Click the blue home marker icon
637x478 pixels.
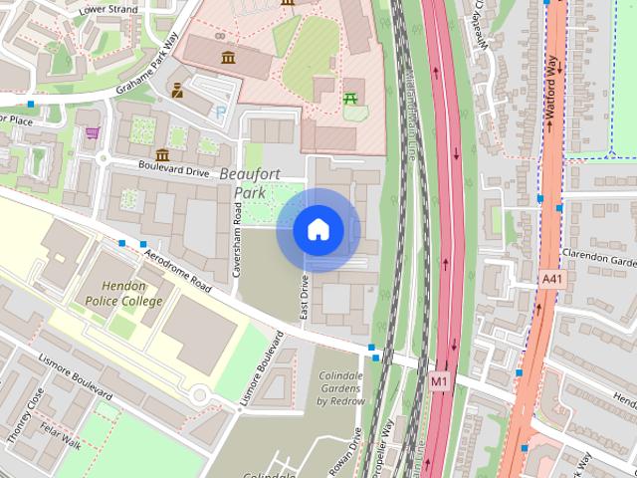(x=318, y=230)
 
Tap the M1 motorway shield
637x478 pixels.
(x=439, y=379)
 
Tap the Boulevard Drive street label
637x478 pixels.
(x=174, y=170)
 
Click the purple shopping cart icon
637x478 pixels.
(x=93, y=132)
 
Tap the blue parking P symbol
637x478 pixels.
(x=220, y=113)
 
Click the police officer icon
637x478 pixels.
(x=177, y=91)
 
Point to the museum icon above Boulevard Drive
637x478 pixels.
(x=161, y=154)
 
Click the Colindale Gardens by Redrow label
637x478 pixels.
(x=341, y=388)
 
